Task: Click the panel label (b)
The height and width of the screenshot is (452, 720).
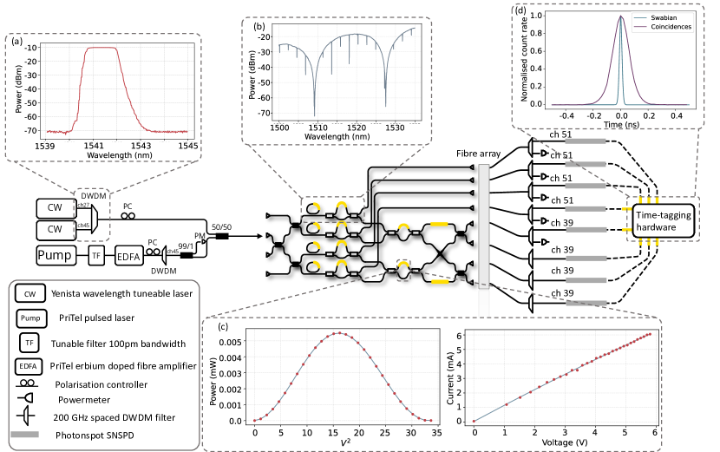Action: (x=259, y=27)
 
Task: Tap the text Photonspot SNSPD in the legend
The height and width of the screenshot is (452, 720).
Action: (x=97, y=431)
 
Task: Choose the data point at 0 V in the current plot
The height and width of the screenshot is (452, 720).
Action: (x=474, y=421)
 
